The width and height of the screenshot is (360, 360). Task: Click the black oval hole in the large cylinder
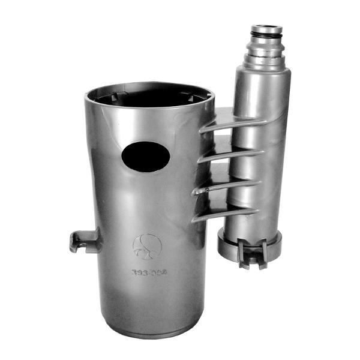point(146,157)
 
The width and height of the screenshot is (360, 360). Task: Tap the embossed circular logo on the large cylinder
point(147,244)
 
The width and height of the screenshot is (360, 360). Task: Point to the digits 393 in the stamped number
point(140,272)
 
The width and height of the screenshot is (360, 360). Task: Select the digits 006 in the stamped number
point(158,272)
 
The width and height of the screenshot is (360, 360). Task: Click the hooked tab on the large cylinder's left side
point(80,241)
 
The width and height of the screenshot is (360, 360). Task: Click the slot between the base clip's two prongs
point(253,255)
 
